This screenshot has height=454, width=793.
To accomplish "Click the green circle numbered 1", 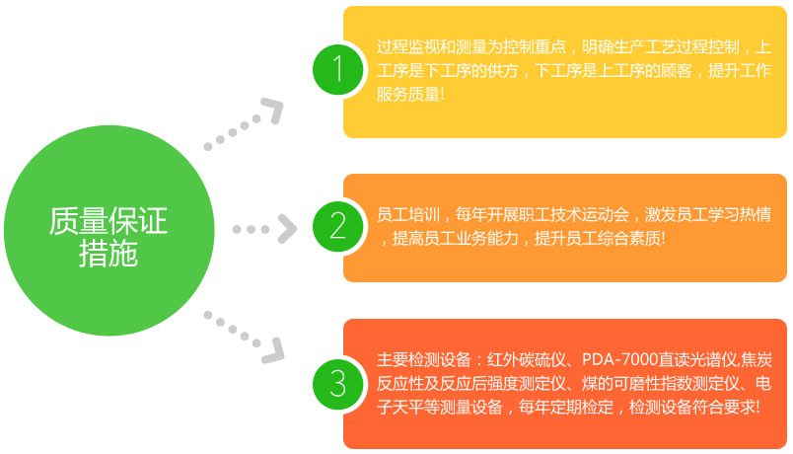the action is coord(338,69).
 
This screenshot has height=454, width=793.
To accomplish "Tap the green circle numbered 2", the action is coord(338,226).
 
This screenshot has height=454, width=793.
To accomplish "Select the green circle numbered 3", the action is coord(338,384).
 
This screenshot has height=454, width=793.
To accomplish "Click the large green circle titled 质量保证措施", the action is coord(109,230).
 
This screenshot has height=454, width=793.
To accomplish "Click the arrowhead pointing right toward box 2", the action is coord(287,229).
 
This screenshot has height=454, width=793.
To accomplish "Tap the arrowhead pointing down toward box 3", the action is coord(273,350).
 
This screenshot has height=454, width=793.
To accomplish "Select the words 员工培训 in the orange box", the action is coord(407,214).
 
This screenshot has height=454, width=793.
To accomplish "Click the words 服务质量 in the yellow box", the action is coord(407,94).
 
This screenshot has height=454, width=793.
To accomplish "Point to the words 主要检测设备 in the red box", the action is coord(424,360).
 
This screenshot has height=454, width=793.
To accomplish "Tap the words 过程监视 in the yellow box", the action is coord(407,47).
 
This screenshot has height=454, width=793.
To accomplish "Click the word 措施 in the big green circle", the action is coord(108,254).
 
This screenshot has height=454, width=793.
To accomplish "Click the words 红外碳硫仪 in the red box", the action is coord(527,360).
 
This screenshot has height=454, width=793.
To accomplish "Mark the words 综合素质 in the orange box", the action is coord(629,238).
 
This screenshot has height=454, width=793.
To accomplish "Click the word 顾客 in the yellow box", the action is coord(677,70).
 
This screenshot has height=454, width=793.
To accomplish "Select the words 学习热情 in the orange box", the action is coord(740,214).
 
